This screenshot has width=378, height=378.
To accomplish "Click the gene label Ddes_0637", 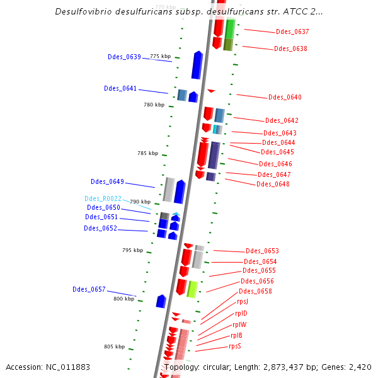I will coord(292,31).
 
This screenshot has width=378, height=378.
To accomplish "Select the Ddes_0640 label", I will coord(285,98).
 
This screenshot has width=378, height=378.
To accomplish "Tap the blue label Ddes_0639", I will coord(124,57).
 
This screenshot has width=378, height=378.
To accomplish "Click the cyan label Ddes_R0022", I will coord(103,198).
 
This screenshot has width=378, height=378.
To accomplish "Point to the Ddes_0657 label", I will coord(89,289).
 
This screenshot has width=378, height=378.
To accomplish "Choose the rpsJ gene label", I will coord(243,301).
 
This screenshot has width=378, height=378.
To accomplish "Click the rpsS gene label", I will coord(235,346).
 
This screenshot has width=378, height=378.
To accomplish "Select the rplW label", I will coord(239,324).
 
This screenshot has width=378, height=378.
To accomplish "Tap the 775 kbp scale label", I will coord(160,56).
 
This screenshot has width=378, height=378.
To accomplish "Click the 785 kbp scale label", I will coord(147,153).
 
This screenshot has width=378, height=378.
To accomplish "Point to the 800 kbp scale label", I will coord(123,299).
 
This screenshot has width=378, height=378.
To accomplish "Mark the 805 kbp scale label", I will coord(114,346).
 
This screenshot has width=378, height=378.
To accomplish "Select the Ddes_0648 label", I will coord(273,184).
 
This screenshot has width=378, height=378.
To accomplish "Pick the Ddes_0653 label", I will coord(262,251).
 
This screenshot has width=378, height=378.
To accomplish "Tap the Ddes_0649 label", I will coord(107,181).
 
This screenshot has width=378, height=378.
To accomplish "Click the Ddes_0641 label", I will coord(120,88).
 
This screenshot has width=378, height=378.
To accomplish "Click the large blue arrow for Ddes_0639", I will coord(197,66).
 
